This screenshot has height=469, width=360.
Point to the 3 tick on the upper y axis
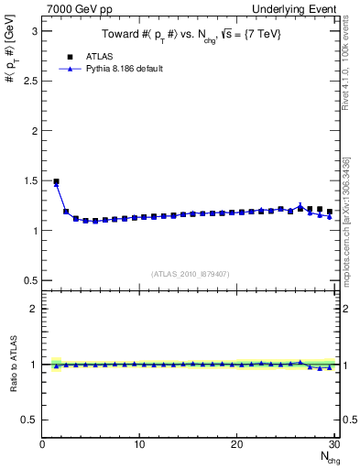(x=36, y=30)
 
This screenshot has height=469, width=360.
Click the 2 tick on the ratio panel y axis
(x=36, y=309)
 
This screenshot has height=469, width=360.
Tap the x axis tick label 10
(x=139, y=444)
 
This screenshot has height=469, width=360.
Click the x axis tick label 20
(x=236, y=444)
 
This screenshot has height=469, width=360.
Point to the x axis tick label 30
(x=333, y=444)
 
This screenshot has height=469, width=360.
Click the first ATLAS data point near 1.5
(x=56, y=181)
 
